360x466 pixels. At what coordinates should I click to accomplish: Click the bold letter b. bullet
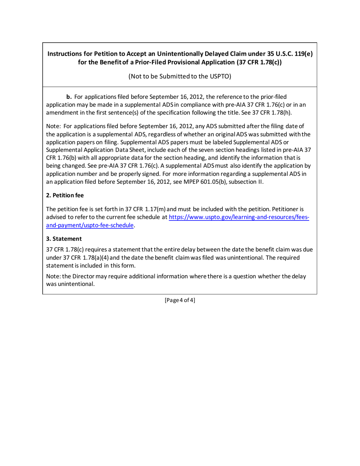tap(69, 97)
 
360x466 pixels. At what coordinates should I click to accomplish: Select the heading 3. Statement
tap(64, 239)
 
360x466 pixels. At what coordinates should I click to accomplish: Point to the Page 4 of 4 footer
tap(180, 300)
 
